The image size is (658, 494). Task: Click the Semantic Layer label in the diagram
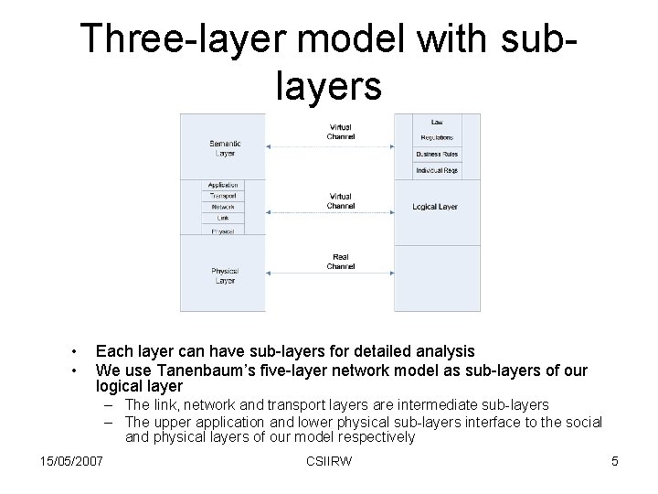click(225, 148)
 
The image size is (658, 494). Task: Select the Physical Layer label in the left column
click(225, 275)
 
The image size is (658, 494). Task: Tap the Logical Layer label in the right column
click(435, 207)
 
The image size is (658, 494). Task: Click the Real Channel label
click(341, 262)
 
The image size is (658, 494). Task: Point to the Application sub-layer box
click(223, 186)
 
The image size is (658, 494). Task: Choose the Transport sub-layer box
click(223, 196)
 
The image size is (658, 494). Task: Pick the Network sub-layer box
click(223, 207)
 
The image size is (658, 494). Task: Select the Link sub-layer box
click(223, 218)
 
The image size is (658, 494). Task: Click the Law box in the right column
click(437, 122)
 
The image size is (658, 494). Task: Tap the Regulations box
click(437, 138)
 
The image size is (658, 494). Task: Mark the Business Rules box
click(437, 154)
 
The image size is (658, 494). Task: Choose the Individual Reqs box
click(437, 170)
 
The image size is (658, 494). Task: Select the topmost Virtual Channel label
click(341, 132)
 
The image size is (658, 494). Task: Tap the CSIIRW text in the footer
click(329, 461)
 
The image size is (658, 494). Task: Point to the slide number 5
click(614, 461)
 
